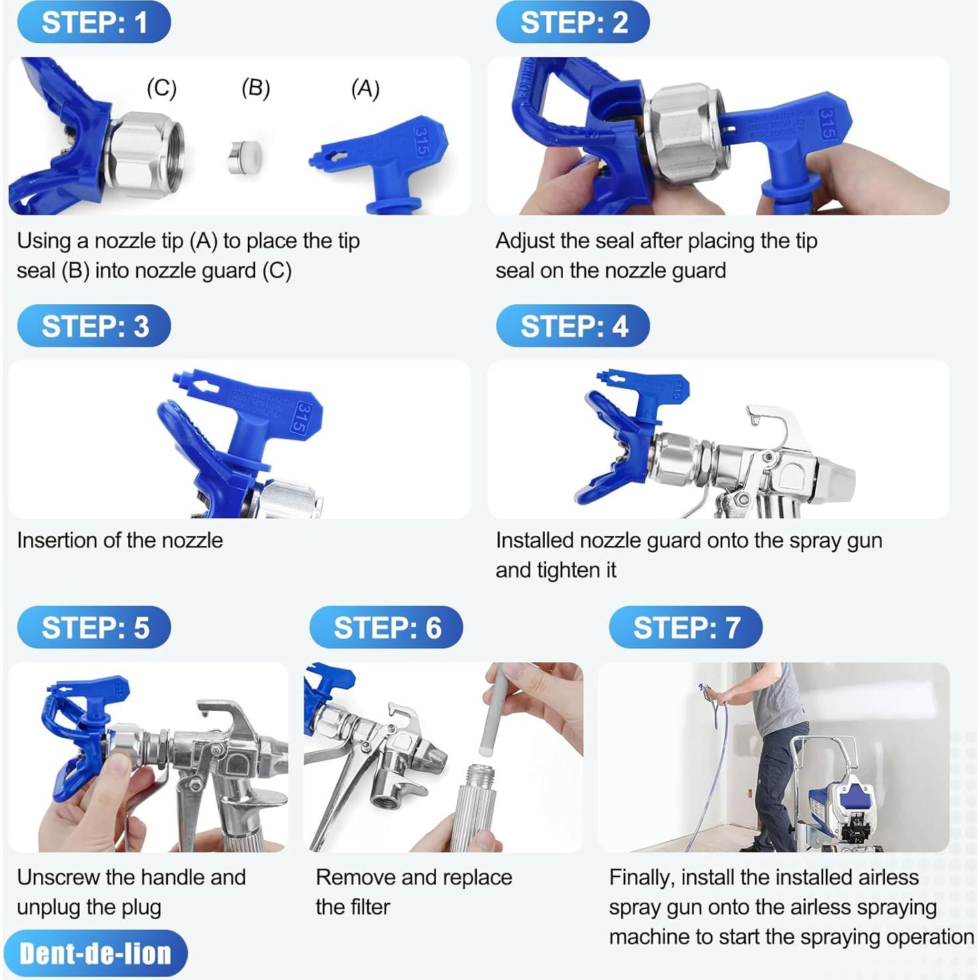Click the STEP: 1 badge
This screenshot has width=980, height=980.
click(x=94, y=23)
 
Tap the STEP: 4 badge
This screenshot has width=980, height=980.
click(x=573, y=326)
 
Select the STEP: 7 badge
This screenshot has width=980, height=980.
click(x=685, y=627)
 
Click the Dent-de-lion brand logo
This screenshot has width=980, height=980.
click(x=95, y=954)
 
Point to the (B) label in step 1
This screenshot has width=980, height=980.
click(x=255, y=88)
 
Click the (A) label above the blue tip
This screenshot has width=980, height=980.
click(x=365, y=88)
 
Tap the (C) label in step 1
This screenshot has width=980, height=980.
click(x=161, y=88)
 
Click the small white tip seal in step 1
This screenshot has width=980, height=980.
click(x=244, y=158)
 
